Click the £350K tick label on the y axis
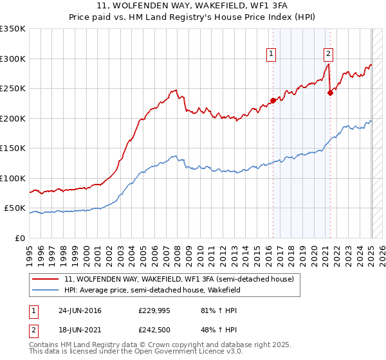pyautogui.click(x=13, y=29)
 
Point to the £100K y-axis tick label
pyautogui.click(x=13, y=178)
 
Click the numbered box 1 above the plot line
pyautogui.click(x=271, y=54)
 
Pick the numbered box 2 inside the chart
pyautogui.click(x=328, y=54)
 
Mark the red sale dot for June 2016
pyautogui.click(x=273, y=100)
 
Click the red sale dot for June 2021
pyautogui.click(x=330, y=93)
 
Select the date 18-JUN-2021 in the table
pyautogui.click(x=79, y=330)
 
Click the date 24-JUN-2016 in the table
pyautogui.click(x=79, y=310)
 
